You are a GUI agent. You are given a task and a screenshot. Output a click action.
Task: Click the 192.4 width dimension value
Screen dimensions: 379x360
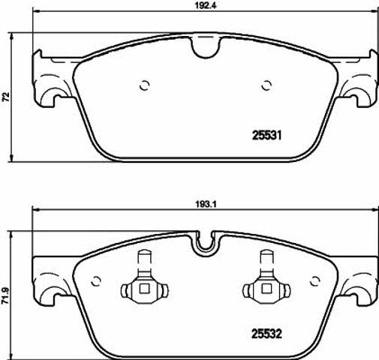pyautogui.click(x=205, y=5)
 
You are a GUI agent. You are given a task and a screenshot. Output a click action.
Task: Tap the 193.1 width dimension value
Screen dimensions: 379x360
pyautogui.click(x=206, y=205)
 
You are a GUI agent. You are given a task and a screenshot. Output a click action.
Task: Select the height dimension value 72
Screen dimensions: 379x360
pyautogui.click(x=6, y=97)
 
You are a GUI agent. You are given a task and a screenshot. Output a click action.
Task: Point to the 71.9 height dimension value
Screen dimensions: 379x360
pyautogui.click(x=6, y=295)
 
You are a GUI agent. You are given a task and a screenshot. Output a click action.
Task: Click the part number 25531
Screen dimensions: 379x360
pyautogui.click(x=266, y=136)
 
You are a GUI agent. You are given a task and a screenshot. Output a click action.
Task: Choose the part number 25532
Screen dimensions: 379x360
pyautogui.click(x=266, y=334)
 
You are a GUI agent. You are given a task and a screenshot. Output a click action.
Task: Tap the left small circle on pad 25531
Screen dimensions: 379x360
pyautogui.click(x=144, y=85)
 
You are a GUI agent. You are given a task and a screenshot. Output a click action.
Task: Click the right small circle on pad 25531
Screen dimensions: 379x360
pyautogui.click(x=266, y=85)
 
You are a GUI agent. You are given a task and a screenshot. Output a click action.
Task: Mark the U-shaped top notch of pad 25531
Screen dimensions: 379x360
pyautogui.click(x=206, y=47)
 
